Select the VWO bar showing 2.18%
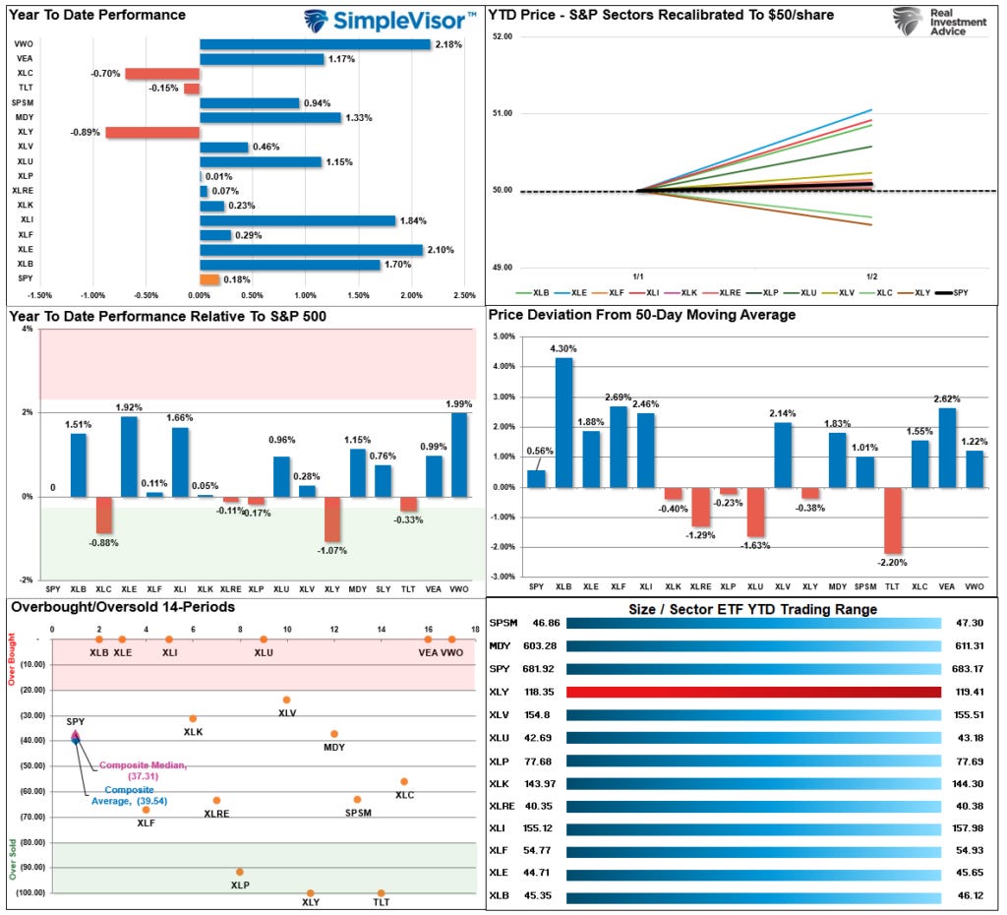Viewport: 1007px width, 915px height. (x=315, y=44)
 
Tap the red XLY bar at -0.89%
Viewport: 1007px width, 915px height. (x=152, y=133)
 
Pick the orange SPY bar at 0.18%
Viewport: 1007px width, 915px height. (x=209, y=279)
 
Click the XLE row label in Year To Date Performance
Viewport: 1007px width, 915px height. (x=25, y=250)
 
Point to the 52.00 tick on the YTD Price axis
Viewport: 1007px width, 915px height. (x=502, y=36)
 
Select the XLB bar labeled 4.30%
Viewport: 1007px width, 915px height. (x=563, y=423)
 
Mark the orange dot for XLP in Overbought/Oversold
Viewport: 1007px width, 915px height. (x=240, y=872)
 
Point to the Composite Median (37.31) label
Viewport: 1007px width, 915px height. (x=143, y=770)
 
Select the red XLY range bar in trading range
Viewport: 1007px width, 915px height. (x=753, y=692)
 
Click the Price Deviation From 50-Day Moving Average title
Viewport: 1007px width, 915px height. (x=642, y=315)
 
